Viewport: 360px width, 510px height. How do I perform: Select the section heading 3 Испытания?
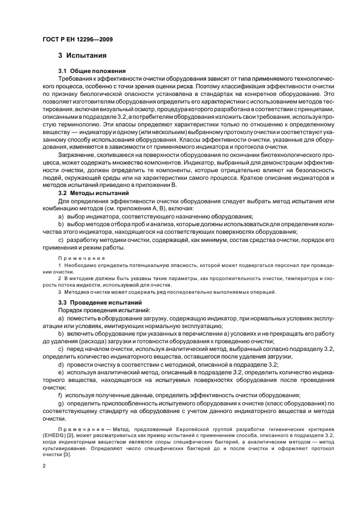(x=82, y=56)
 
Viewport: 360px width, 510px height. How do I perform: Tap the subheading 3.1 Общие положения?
(x=92, y=71)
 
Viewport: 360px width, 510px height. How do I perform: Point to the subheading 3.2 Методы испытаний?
(x=93, y=193)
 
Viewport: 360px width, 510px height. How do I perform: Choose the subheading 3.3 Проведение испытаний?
(x=100, y=302)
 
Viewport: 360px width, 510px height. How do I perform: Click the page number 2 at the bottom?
(x=44, y=466)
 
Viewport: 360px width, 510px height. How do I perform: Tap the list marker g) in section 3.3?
(x=60, y=403)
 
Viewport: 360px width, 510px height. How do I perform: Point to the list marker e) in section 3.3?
(x=60, y=372)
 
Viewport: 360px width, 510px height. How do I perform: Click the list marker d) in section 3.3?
(x=60, y=365)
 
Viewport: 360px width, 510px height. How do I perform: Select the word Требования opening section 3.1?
(x=76, y=79)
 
